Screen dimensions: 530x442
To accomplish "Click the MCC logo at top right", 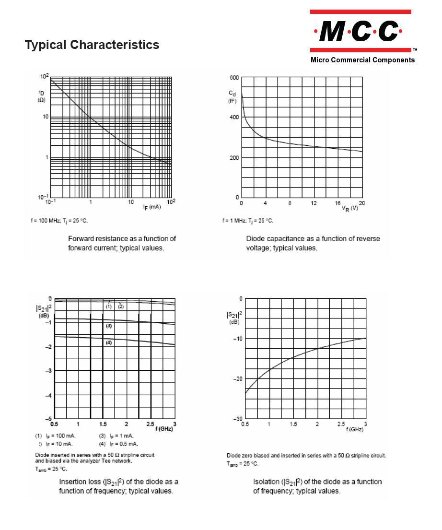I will pos(360,31).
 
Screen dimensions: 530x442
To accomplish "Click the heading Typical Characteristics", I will pos(92,45).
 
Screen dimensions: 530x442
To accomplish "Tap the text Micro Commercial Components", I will pos(362,60).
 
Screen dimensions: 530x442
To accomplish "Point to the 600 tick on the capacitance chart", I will pos(234,77).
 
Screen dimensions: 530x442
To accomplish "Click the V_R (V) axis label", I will pos(349,208).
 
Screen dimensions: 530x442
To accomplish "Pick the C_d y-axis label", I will pos(232,96).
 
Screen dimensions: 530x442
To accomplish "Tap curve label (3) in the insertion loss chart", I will pos(109,326).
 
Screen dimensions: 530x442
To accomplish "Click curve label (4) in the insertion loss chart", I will pos(109,342).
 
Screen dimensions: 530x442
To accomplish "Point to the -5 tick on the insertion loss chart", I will pos(48,419).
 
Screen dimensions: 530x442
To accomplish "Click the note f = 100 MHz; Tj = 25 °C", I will pos(59,221).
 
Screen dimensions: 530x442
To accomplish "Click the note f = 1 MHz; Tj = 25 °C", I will pos(247,221).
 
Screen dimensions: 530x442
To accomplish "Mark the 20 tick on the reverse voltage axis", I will pos(362,203).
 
